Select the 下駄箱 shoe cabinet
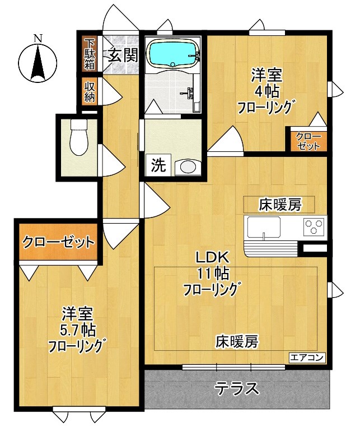pyautogui.click(x=89, y=54)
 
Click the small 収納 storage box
pyautogui.click(x=89, y=91)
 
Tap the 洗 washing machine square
pyautogui.click(x=159, y=166)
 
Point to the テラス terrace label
pyautogui.click(x=237, y=388)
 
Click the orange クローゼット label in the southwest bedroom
pyautogui.click(x=58, y=242)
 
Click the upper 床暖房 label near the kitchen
pyautogui.click(x=279, y=205)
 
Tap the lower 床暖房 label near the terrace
pyautogui.click(x=237, y=341)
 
